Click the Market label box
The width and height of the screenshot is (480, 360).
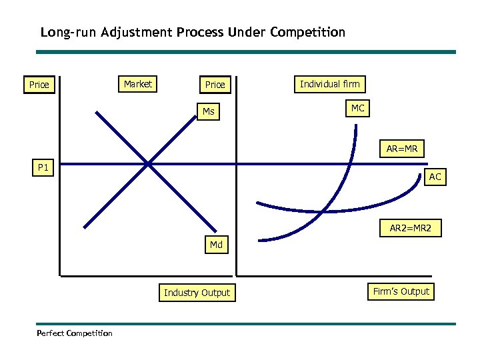coord(138,84)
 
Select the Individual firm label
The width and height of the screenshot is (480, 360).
coord(329,84)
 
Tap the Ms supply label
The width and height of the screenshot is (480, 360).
coord(209,111)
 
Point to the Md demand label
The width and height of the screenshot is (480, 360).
coord(216,245)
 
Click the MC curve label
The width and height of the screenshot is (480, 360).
coord(358,108)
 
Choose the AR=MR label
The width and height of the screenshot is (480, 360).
coord(402,149)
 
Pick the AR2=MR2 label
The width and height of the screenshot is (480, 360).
coord(411,229)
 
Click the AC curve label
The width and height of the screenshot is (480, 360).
coord(435,177)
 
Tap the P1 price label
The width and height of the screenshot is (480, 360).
coord(43,168)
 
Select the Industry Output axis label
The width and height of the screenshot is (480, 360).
coord(197,293)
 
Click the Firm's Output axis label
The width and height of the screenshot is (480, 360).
coord(401,291)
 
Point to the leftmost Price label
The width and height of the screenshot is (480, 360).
coord(39,85)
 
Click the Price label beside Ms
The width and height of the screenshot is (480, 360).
coord(215,85)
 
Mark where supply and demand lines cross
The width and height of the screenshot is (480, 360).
coord(148,163)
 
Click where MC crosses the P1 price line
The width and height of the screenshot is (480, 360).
coord(349,163)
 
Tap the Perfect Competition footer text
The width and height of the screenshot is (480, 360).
coord(75,333)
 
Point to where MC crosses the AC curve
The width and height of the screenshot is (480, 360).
coord(323,212)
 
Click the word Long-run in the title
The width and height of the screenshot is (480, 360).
coord(68,32)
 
